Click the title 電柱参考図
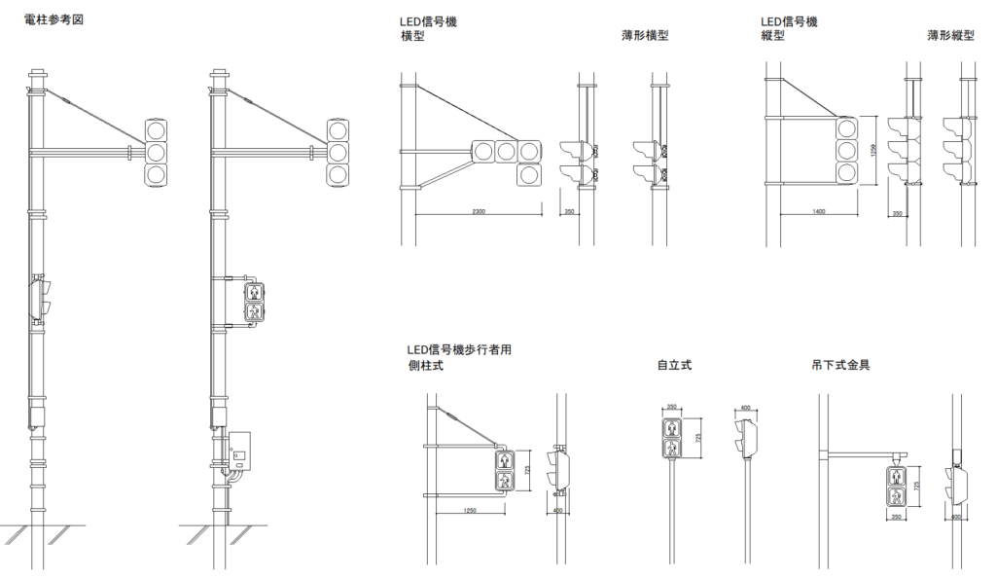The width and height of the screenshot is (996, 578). coord(54,19)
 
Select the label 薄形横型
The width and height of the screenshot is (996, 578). coord(645,36)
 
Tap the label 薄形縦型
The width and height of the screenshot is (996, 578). coord(950,35)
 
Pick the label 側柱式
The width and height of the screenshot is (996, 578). coord(425,367)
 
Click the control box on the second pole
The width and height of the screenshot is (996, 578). coord(239,448)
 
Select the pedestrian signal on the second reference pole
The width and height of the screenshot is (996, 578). coord(253,301)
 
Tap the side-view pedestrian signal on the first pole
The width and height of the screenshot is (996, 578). coord(41,298)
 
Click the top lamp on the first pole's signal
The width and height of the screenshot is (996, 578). coord(157,129)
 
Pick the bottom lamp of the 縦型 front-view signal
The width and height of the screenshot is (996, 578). coord(847,173)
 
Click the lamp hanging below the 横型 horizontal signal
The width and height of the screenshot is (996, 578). coord(528,174)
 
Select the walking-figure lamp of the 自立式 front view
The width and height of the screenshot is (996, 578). coord(673,449)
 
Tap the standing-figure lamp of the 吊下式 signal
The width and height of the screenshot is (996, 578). coord(896,477)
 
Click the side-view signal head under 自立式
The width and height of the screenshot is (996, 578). coord(747,434)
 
